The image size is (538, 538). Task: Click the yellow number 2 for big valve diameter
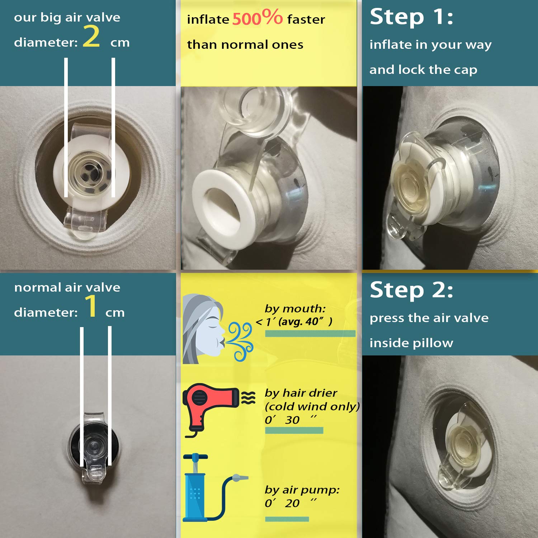point(91,37)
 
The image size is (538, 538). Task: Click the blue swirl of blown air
point(240,341)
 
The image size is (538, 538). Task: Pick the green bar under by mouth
point(310,334)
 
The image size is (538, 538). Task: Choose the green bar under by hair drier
point(294,430)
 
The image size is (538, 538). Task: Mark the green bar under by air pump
point(287,519)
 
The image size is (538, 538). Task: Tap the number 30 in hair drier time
point(292,420)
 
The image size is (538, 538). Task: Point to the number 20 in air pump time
point(292,503)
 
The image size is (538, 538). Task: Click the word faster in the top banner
point(306,19)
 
